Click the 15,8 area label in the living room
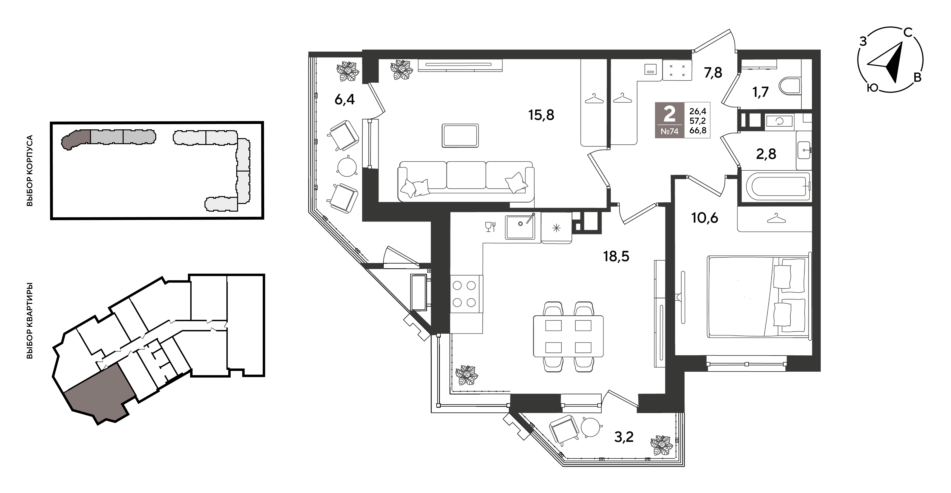point(541,115)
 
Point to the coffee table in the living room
point(460,136)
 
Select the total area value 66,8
point(697,130)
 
